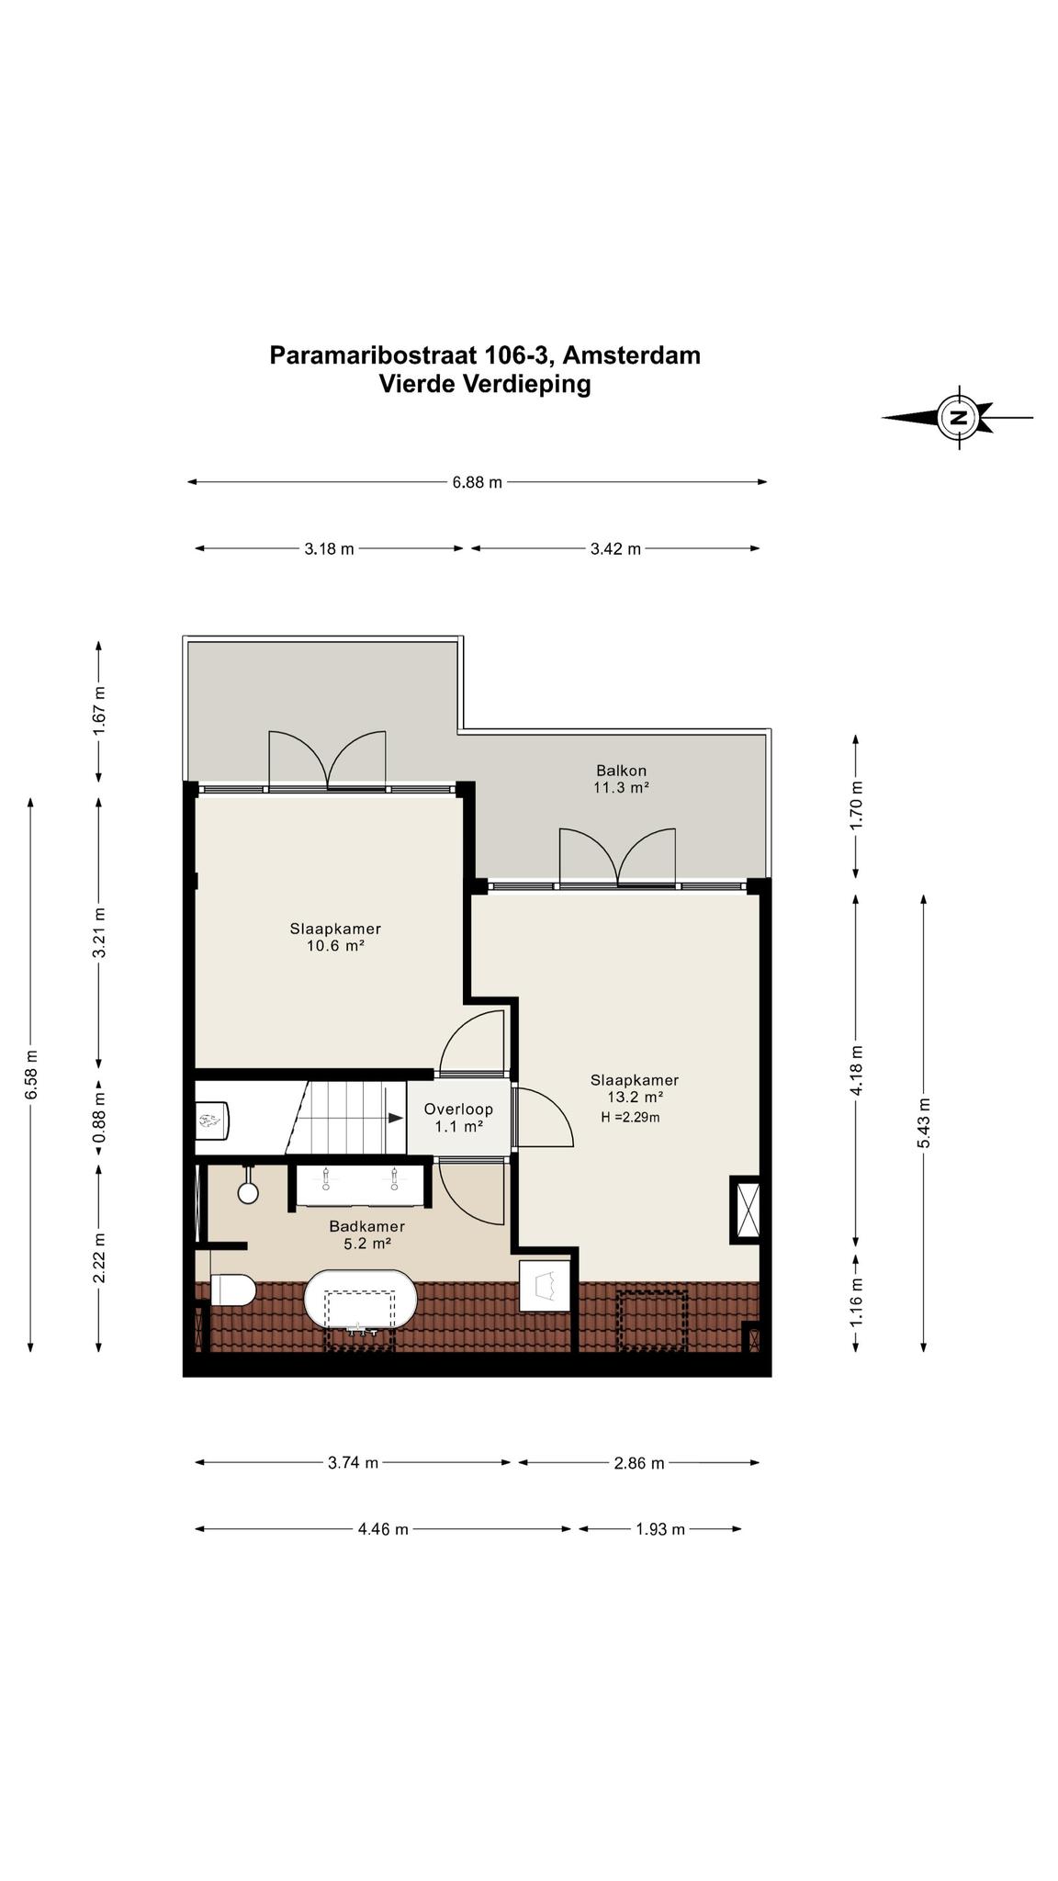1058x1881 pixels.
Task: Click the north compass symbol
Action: coord(959,417)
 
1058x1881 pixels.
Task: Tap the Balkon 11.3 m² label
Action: coord(622,779)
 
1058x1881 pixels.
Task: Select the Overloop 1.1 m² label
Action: coord(458,1118)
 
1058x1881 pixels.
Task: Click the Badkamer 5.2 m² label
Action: coord(366,1235)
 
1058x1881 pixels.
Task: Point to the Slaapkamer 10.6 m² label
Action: coord(335,937)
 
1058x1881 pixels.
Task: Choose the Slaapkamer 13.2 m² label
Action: coord(635,1088)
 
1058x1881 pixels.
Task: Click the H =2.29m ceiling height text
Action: coord(631,1118)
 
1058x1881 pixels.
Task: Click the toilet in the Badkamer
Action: coord(232,1290)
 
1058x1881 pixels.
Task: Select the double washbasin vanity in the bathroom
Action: coord(360,1185)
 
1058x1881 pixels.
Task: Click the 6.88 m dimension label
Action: coord(478,482)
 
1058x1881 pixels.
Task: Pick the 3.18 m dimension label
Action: coord(329,549)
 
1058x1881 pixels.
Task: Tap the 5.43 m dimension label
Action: coord(923,1122)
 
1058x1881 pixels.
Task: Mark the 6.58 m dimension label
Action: coord(30,1074)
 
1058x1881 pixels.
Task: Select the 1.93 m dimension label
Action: coord(660,1529)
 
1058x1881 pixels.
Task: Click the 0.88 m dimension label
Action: coord(99,1115)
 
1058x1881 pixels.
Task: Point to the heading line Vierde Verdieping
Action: coord(485,384)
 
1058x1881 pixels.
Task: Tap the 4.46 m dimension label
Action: coord(383,1529)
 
